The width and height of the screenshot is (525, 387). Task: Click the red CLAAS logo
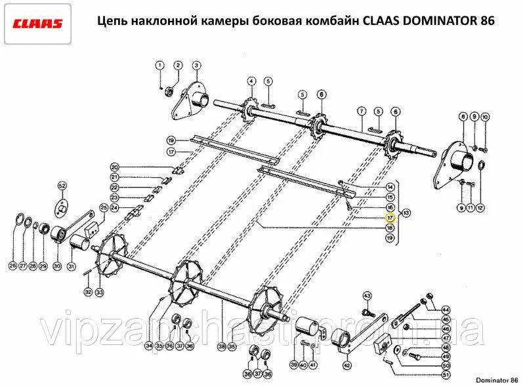point(37,24)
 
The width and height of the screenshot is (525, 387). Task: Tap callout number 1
point(159,65)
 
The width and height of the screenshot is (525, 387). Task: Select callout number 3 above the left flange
point(196,65)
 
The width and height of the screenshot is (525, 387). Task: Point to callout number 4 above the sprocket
point(251,81)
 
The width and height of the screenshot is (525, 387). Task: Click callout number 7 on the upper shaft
point(362,111)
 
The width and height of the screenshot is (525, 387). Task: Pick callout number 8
point(463,117)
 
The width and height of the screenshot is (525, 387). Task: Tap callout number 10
point(485,117)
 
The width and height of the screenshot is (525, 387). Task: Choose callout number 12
point(480,208)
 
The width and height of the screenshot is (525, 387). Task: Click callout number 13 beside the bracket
point(406,213)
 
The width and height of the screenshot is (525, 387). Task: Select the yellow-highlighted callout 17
point(390,218)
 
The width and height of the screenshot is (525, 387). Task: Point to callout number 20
point(114,167)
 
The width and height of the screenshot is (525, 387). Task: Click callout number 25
point(104,208)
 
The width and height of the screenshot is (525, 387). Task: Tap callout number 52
point(62,186)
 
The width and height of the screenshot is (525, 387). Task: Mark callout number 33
point(100,293)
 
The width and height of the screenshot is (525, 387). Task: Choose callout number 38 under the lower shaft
point(222,346)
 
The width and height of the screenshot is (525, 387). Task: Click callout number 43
point(367,296)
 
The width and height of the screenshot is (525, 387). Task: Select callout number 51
point(446,375)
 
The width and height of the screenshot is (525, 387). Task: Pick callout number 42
point(347,365)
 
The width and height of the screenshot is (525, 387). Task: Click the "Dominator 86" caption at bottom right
point(497,380)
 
